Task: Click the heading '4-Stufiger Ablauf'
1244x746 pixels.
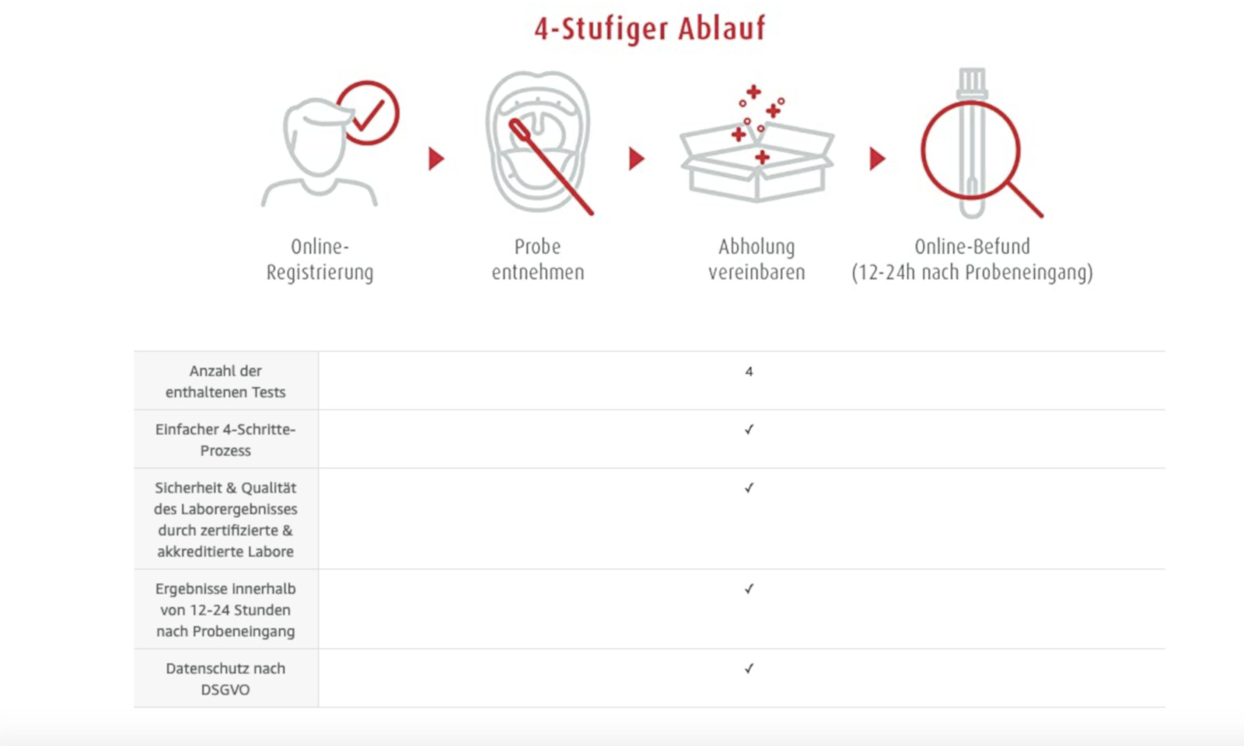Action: pos(650,29)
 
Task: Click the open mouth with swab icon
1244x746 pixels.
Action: pos(538,142)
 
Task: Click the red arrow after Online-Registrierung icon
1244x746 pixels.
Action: pos(436,159)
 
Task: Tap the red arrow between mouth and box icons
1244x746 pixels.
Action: pos(637,159)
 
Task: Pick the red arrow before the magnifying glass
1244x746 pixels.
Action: pos(877,159)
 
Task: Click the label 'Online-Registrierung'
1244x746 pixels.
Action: pos(320,260)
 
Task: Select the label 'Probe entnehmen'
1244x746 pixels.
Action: pos(537,260)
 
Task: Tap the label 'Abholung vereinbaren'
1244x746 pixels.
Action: pos(757,260)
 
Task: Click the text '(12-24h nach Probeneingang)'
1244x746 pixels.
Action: pos(973,273)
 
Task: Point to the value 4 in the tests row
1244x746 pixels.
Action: pos(750,371)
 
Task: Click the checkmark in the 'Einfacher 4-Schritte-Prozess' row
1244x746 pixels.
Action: pos(750,430)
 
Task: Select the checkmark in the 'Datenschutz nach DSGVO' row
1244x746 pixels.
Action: pos(750,668)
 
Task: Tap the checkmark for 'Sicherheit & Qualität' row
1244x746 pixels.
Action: pos(750,488)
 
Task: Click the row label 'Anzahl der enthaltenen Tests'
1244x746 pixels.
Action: pos(225,382)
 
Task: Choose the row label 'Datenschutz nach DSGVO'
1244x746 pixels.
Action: pos(225,679)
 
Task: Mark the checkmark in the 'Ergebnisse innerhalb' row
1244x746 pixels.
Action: pos(750,589)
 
